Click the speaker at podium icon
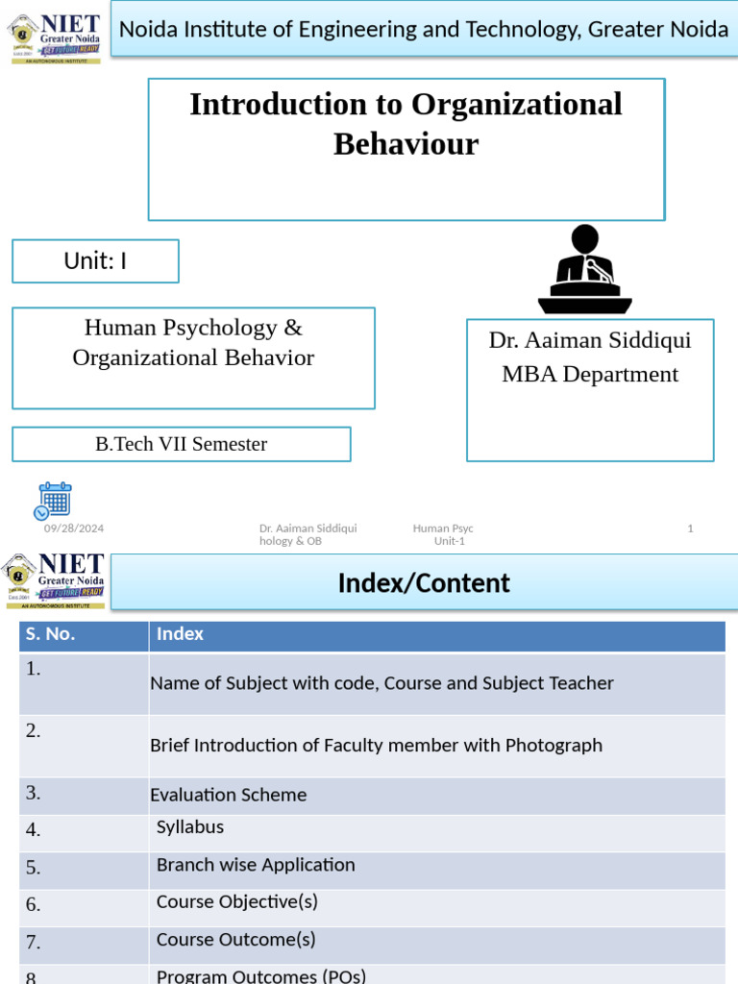coord(584,270)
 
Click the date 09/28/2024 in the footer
coord(74,529)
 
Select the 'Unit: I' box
coord(95,260)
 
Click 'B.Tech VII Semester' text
coord(181,444)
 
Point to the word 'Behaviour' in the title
coord(406,144)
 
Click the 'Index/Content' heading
coord(424,582)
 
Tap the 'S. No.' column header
coord(50,634)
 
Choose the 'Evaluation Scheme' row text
coord(229,795)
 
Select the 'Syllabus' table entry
coord(190,826)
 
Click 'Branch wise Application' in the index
coord(256,865)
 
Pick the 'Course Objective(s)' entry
coord(236,901)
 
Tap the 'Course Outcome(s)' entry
coord(235,939)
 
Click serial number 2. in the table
coord(34,730)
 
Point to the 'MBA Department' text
coord(590,374)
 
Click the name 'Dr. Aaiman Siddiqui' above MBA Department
coord(590,340)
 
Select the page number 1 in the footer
coord(690,529)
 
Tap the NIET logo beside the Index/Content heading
coord(54,580)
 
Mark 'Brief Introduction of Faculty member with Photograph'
coord(377,745)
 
